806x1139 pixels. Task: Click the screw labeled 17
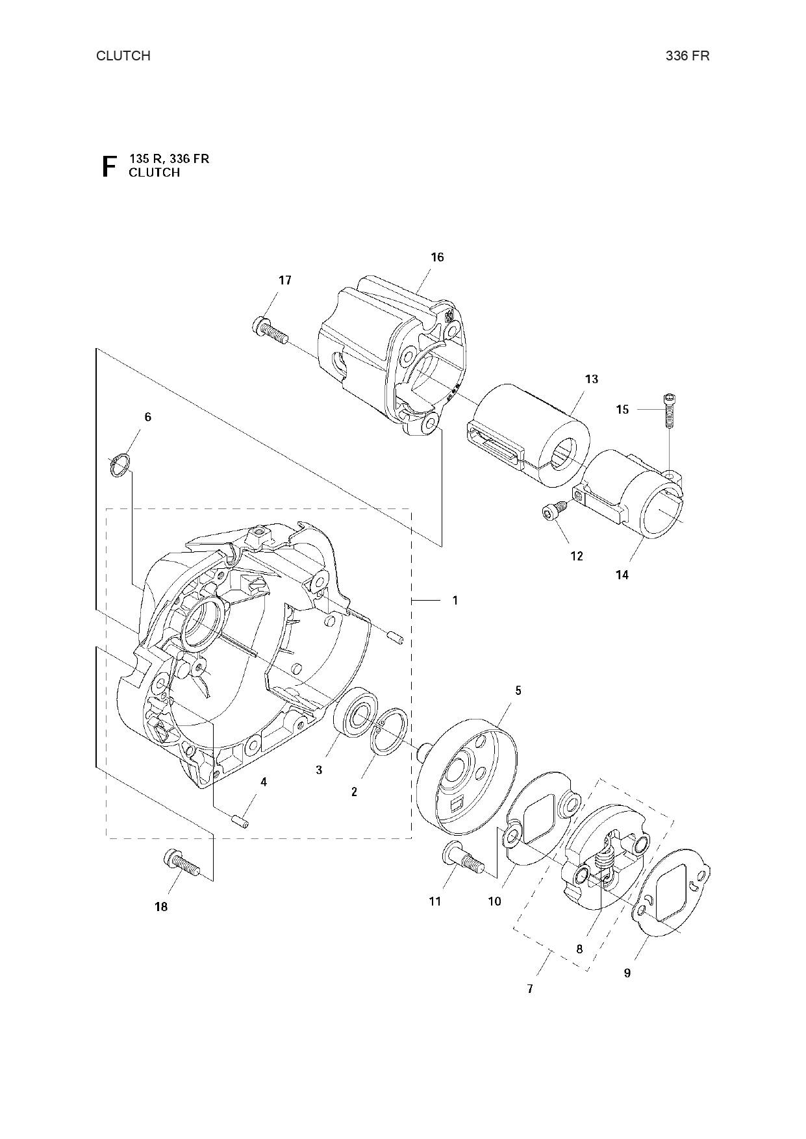[268, 329]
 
